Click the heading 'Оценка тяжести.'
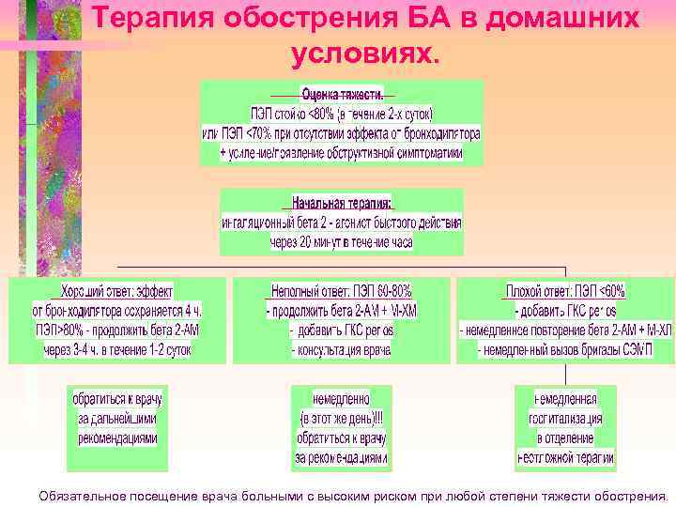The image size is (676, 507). pyautogui.click(x=341, y=95)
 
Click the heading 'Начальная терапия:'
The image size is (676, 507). pyautogui.click(x=341, y=203)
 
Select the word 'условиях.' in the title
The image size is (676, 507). pyautogui.click(x=365, y=54)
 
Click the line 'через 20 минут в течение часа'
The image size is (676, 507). pyautogui.click(x=341, y=241)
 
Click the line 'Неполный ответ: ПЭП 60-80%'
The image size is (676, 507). pyautogui.click(x=341, y=292)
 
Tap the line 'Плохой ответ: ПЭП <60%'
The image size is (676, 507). pyautogui.click(x=565, y=292)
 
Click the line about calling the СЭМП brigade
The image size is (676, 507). pyautogui.click(x=564, y=349)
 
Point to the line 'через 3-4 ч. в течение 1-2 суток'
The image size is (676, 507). pyautogui.click(x=117, y=349)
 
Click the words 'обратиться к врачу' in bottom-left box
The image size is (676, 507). pyautogui.click(x=117, y=399)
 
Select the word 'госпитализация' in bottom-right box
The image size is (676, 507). pyautogui.click(x=566, y=419)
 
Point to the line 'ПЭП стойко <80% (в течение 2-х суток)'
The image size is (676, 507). pyautogui.click(x=341, y=114)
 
